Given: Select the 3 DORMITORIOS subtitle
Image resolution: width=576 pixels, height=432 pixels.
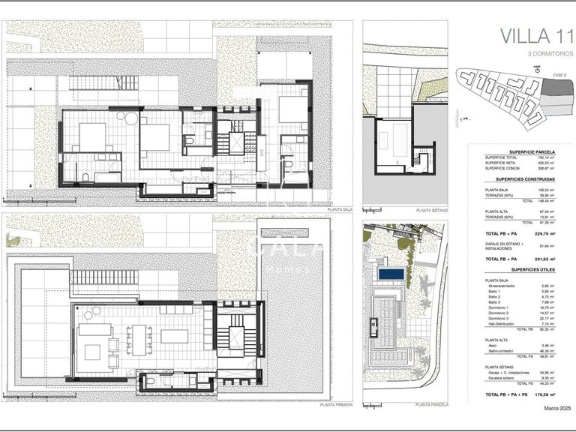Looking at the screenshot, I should coord(535,54).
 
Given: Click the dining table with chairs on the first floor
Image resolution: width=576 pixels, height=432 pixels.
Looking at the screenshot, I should coord(137,339).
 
